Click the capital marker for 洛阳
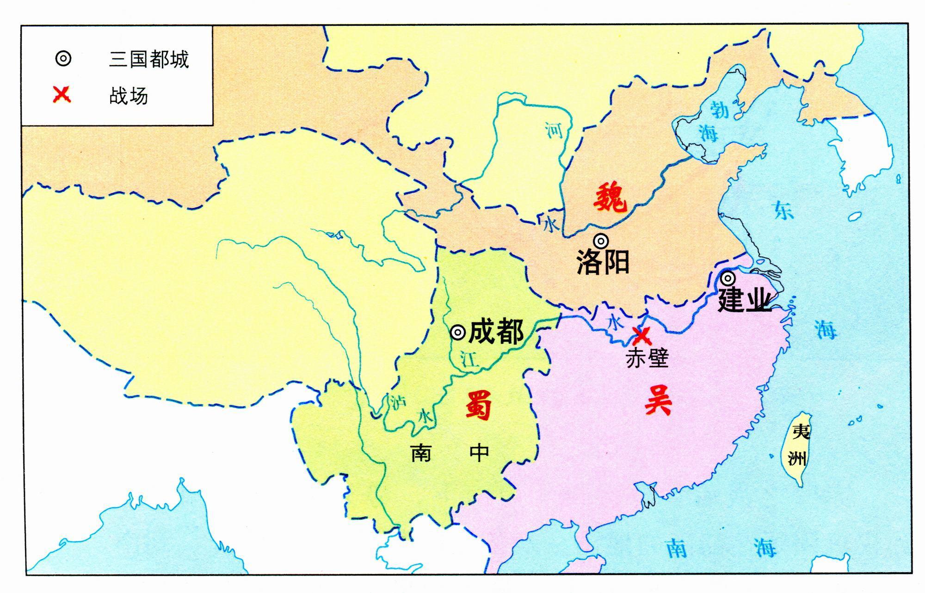tap(601, 241)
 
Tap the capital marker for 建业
tap(728, 278)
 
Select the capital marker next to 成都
tap(457, 332)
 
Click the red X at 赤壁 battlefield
tap(642, 335)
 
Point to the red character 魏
tap(610, 198)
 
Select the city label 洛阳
tap(603, 263)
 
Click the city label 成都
tap(496, 332)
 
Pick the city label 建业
tap(744, 300)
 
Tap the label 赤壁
tap(647, 358)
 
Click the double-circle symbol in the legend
tap(63, 59)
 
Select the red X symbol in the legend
tap(62, 95)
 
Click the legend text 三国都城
tap(149, 59)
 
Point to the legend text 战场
tap(129, 96)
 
